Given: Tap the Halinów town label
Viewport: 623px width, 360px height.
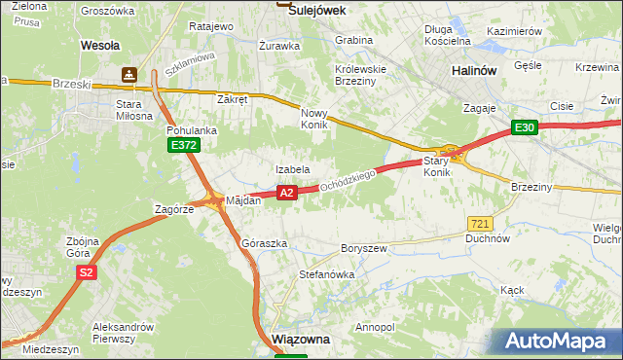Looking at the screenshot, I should point(476,71).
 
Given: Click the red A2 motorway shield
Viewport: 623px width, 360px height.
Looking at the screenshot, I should point(286,194).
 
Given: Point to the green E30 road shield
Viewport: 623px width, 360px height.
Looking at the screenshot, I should point(525,127).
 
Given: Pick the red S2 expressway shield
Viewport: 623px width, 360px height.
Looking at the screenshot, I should point(87,272).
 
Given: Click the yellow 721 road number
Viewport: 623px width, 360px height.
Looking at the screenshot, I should point(478,223).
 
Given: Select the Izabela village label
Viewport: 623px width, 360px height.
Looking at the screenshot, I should point(292,169).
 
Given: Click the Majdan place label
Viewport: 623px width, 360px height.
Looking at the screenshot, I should point(243,200).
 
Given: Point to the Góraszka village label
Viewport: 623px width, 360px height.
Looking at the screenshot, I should point(264,243).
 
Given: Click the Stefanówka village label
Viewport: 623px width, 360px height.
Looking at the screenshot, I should point(326,274).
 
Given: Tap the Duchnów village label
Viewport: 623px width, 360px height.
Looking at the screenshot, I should point(489,237).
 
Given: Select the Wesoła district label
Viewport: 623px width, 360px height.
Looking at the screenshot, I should point(99,45).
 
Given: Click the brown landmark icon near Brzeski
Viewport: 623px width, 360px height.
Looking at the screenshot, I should point(129,74).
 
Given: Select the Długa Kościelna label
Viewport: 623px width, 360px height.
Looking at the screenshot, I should point(448,35).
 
